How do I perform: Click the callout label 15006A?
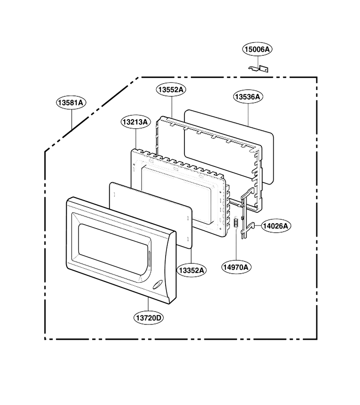click(x=257, y=49)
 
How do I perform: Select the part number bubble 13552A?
click(x=171, y=90)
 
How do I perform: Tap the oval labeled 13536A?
click(x=248, y=97)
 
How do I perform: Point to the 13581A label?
click(x=71, y=103)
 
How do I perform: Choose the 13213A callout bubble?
click(x=135, y=121)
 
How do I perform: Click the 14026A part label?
click(x=276, y=226)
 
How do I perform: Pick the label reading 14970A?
click(x=236, y=267)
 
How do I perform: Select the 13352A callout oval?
click(x=192, y=270)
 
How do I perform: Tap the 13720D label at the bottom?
click(x=149, y=317)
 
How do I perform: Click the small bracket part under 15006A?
click(x=259, y=68)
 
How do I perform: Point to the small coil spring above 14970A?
click(x=235, y=223)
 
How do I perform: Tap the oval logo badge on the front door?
click(x=157, y=285)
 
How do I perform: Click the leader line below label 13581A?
click(x=72, y=119)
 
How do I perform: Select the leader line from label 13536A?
click(x=248, y=114)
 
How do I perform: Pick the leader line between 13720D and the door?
click(x=148, y=305)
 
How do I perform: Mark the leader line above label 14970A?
click(x=236, y=244)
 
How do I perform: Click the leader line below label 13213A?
click(x=136, y=139)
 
